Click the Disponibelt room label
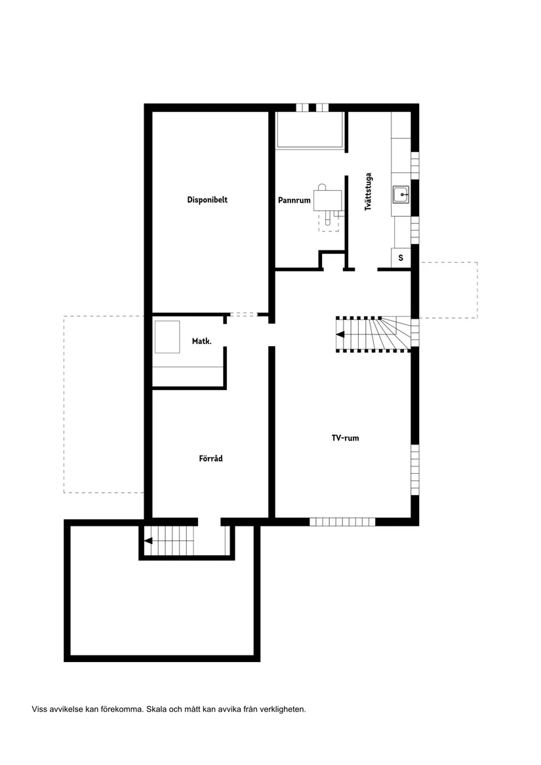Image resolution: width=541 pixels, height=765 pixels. [x=207, y=200]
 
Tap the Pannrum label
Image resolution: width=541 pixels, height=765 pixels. [x=294, y=201]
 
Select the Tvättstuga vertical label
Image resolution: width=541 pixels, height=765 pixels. [x=369, y=191]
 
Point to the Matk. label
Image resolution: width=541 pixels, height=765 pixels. [x=201, y=342]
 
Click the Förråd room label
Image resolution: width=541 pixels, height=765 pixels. [x=210, y=459]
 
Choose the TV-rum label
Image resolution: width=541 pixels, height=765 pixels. [x=345, y=438]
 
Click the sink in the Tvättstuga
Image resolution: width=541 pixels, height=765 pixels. [x=401, y=195]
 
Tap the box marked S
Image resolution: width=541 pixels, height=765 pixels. [x=401, y=258]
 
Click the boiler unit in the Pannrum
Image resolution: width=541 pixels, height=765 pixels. [x=328, y=199]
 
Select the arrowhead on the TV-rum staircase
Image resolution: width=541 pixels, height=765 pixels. [x=340, y=334]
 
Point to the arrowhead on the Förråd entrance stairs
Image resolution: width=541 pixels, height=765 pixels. [x=149, y=541]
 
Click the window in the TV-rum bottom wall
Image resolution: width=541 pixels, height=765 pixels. [x=342, y=522]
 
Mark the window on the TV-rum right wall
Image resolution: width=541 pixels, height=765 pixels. [x=414, y=469]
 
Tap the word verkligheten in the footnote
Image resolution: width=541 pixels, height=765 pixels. [x=283, y=709]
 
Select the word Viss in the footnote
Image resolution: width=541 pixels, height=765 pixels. [x=39, y=709]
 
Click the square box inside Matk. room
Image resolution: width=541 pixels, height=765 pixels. [x=167, y=336]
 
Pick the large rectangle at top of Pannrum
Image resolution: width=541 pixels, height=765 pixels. [x=310, y=129]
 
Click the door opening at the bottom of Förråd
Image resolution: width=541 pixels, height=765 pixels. [x=209, y=522]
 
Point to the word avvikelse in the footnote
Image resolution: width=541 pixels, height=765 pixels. [x=66, y=709]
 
